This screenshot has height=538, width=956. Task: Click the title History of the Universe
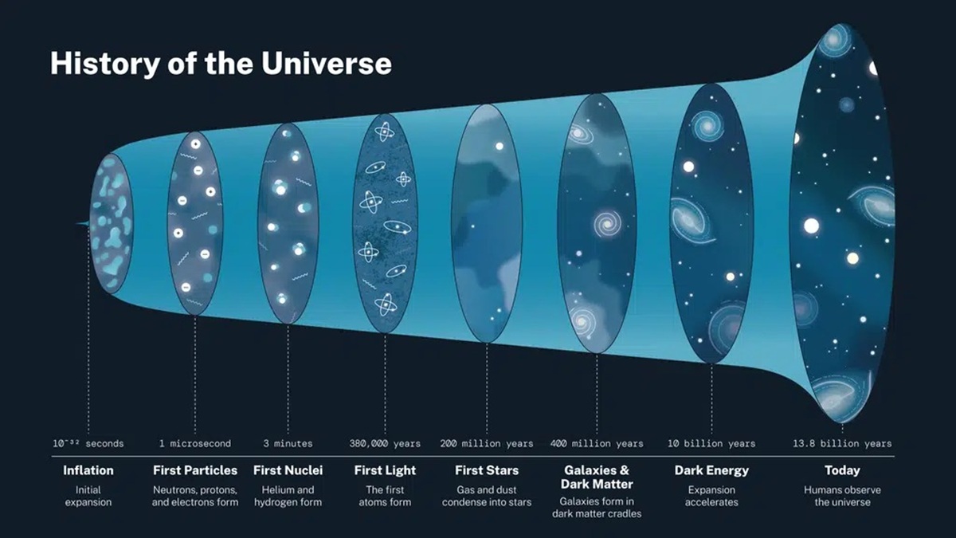[221, 64]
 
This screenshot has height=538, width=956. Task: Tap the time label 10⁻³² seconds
[88, 443]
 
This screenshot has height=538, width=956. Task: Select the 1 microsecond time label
[195, 443]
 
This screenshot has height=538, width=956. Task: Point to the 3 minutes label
[288, 443]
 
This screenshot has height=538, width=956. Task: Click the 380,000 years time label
[385, 443]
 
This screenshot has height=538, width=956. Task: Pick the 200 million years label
[487, 443]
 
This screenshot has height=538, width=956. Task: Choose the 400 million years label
[596, 443]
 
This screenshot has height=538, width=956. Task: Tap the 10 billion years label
[711, 443]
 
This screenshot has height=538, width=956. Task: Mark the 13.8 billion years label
[842, 443]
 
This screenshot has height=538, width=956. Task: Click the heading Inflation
[88, 470]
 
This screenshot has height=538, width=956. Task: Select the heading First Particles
[195, 470]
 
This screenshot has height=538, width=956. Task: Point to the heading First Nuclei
[288, 470]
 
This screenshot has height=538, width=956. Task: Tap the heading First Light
[385, 470]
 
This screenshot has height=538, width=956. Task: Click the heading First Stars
[487, 470]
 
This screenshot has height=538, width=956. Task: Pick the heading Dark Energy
[711, 470]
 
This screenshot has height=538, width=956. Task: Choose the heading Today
[842, 470]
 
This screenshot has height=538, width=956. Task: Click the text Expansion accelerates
[711, 496]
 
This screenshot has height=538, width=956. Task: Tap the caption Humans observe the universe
[842, 496]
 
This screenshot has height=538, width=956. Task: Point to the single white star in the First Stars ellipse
[499, 147]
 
